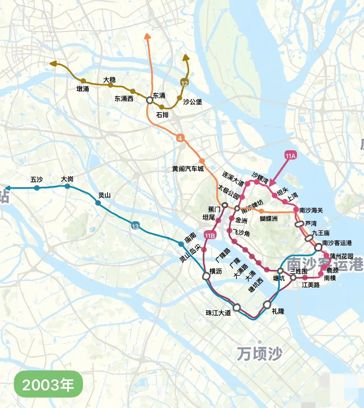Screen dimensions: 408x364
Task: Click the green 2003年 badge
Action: click(x=48, y=385)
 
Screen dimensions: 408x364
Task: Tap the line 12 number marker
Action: click(x=184, y=83)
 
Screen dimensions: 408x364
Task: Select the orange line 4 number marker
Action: click(x=180, y=138)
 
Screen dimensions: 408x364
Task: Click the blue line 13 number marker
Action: click(x=135, y=226)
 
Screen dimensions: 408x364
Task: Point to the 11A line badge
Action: click(x=290, y=156)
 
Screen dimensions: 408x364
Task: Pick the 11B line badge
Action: click(x=210, y=235)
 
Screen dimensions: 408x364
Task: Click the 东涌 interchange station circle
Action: click(x=149, y=100)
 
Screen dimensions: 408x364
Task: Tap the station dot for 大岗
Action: click(x=67, y=186)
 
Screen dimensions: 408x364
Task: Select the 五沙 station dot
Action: click(x=37, y=187)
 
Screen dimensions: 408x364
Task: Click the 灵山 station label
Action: click(x=104, y=195)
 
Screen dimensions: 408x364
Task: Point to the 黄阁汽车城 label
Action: click(x=188, y=169)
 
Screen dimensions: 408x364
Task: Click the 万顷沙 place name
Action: click(x=259, y=354)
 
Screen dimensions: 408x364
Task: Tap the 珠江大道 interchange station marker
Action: click(x=237, y=307)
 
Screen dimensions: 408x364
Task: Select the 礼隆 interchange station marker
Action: click(x=267, y=305)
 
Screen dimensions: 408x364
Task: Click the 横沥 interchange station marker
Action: click(x=206, y=276)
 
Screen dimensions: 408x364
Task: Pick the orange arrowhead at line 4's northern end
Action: click(x=147, y=36)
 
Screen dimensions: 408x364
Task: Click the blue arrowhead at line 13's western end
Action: click(x=8, y=188)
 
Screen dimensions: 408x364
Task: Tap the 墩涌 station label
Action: click(x=83, y=89)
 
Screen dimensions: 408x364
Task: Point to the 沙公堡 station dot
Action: click(x=179, y=98)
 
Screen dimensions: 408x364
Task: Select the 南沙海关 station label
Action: click(x=311, y=210)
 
